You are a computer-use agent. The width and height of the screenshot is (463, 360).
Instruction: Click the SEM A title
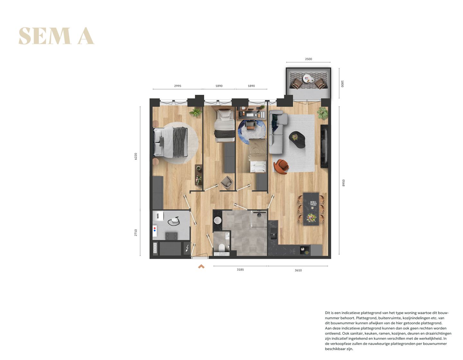point(56,36)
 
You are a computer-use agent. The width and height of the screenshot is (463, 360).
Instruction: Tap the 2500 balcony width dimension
point(308,59)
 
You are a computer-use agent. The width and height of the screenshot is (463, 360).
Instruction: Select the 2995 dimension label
point(177,86)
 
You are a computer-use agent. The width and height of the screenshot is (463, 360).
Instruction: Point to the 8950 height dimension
point(343,183)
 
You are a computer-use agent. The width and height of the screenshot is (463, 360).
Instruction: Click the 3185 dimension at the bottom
point(240,269)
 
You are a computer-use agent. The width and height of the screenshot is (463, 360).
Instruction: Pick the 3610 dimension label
point(298,270)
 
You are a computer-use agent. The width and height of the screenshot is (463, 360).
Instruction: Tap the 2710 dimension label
point(136,233)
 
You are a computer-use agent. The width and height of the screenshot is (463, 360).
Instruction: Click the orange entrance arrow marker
point(201,266)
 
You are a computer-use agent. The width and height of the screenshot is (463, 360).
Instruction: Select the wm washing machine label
point(158,216)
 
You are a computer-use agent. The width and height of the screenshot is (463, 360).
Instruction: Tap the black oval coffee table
point(297,139)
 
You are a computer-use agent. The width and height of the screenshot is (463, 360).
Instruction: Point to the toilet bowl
point(222,248)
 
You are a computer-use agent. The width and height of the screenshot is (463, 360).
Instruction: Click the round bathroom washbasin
point(218,220)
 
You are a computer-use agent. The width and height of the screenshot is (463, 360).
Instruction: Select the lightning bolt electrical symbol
point(187,248)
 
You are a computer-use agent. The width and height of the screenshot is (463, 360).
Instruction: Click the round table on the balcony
point(307,78)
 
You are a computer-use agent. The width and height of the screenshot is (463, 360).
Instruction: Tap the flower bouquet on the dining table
point(311,218)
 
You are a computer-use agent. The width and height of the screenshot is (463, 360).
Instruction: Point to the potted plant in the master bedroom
point(195,112)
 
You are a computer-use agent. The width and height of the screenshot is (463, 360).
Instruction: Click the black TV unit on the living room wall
point(324,146)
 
